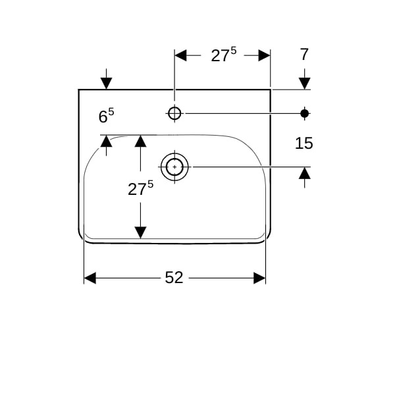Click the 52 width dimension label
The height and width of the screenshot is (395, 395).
(174, 278)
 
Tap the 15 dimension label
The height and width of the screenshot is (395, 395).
(303, 143)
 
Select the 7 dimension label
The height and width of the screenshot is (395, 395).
(304, 54)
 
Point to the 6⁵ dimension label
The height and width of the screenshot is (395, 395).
(106, 116)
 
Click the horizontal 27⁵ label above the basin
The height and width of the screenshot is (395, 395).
(224, 55)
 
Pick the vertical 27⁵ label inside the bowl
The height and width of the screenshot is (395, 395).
(140, 188)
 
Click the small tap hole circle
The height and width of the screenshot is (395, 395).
(174, 113)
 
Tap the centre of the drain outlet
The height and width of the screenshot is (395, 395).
(174, 167)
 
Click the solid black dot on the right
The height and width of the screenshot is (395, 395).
(305, 114)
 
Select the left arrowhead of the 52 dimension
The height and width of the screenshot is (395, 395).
(90, 278)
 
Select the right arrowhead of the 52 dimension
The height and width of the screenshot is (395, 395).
(259, 278)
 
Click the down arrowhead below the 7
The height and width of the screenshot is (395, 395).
(305, 84)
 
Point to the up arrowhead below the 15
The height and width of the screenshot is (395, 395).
(305, 173)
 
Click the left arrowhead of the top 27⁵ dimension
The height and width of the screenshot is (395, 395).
(180, 55)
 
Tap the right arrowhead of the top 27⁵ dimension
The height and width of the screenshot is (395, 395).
(264, 55)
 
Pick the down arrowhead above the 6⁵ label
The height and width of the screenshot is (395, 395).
(106, 84)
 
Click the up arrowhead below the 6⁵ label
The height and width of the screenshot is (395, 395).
(106, 141)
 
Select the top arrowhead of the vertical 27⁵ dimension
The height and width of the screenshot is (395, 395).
(141, 141)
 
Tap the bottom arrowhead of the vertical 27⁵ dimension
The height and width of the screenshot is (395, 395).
(141, 232)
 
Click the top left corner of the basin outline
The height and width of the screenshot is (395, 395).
(78, 90)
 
